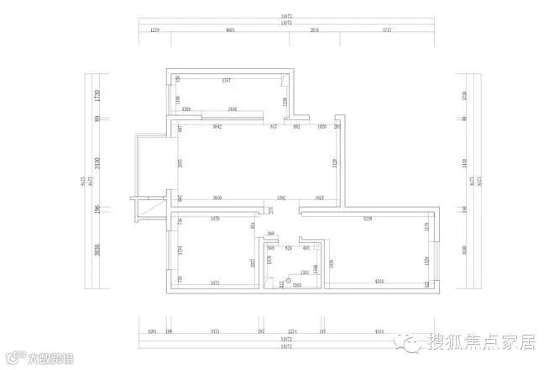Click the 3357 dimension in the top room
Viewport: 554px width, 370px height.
pyautogui.click(x=226, y=81)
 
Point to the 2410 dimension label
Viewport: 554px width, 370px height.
pyautogui.click(x=233, y=109)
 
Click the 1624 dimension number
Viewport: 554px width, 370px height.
pyautogui.click(x=320, y=198)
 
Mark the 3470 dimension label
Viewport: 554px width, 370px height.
pyautogui.click(x=215, y=219)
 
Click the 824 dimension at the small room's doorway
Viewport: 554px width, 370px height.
pyautogui.click(x=289, y=249)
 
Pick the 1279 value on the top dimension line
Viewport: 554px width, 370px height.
pyautogui.click(x=154, y=29)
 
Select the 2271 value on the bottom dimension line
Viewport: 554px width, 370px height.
pyautogui.click(x=293, y=331)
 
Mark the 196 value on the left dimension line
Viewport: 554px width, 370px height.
pyautogui.click(x=97, y=209)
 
